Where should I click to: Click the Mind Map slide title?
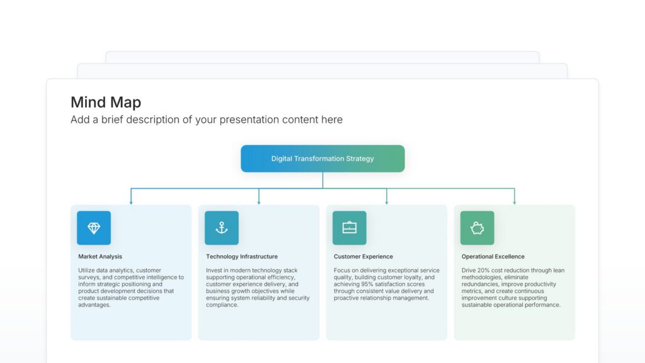click(106, 102)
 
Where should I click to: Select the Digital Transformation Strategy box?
click(322, 159)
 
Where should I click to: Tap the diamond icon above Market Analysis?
click(94, 228)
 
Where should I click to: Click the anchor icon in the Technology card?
click(222, 228)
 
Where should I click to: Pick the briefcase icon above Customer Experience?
click(350, 228)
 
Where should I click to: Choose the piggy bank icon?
click(477, 228)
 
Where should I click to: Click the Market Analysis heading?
click(100, 256)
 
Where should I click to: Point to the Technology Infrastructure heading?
click(242, 256)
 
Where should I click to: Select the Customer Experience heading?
click(363, 256)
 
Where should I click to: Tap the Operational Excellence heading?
click(493, 256)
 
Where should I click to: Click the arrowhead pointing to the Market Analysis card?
click(131, 202)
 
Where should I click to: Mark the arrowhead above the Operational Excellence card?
click(515, 202)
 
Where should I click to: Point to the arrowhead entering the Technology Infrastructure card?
click(259, 202)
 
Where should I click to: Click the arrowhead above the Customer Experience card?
click(387, 202)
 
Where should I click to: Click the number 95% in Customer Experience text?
click(367, 284)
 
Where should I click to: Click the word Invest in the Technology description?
click(214, 270)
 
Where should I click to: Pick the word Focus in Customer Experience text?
click(342, 270)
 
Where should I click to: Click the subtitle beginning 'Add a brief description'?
click(207, 120)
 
